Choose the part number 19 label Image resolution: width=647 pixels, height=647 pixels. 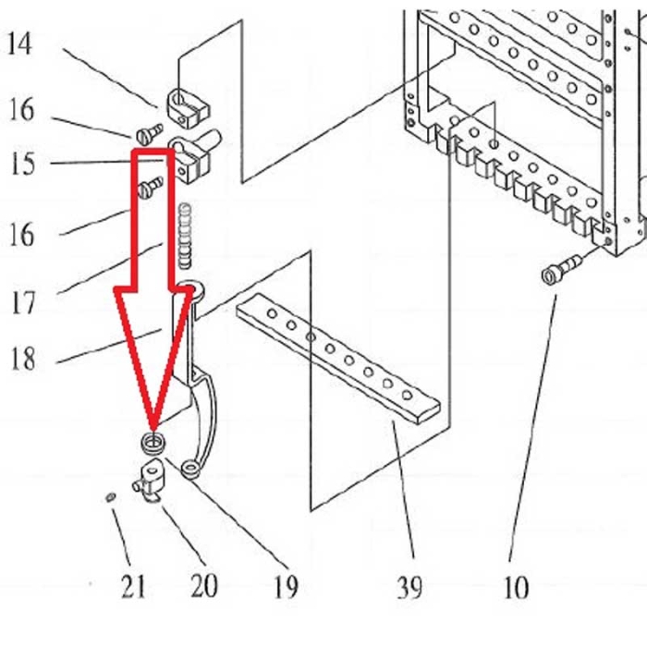click(285, 586)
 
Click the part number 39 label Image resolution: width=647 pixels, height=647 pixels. click(409, 587)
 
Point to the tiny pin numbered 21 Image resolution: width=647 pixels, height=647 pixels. click(110, 499)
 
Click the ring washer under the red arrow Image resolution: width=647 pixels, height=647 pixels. click(153, 442)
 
